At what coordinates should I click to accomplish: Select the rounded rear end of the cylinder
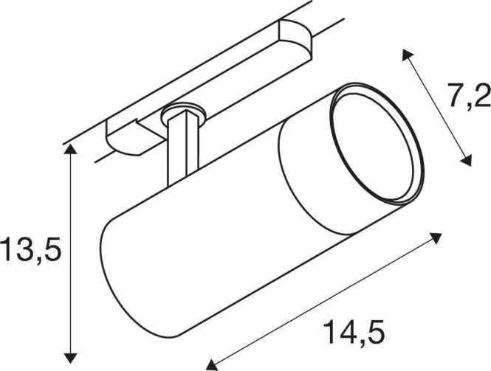pos(107,251)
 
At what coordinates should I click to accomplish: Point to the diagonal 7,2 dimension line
pos(435,107)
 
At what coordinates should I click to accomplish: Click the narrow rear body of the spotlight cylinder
pos(199,236)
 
